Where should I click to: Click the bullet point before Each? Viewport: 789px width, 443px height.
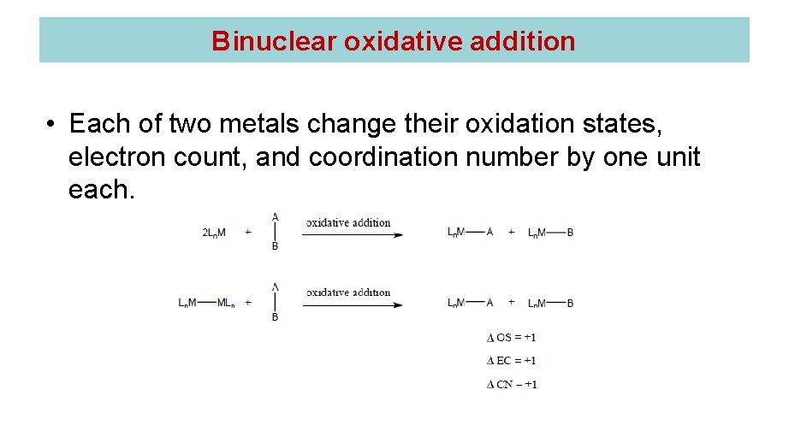(51, 125)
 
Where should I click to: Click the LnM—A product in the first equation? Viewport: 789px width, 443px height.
(470, 233)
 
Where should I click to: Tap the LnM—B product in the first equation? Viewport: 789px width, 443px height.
(550, 233)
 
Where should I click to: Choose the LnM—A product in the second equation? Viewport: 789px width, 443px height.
(470, 303)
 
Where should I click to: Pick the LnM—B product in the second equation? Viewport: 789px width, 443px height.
(550, 303)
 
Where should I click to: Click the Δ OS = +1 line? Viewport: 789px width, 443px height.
(511, 338)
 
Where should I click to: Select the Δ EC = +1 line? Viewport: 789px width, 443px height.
(511, 361)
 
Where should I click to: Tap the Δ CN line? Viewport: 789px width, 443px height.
(511, 385)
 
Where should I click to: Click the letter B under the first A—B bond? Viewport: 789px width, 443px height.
(275, 247)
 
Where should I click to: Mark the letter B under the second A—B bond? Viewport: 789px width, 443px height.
(275, 317)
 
